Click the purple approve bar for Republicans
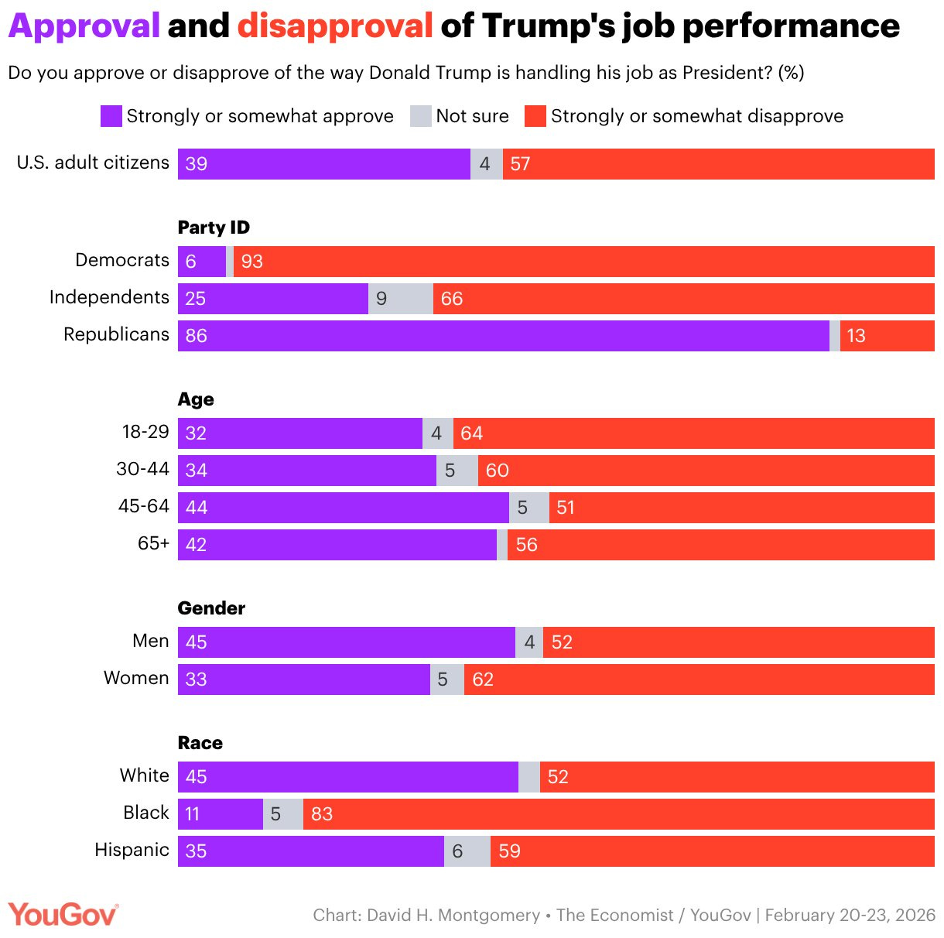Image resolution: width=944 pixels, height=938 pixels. (x=503, y=336)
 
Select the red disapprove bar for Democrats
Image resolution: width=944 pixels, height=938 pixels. (x=584, y=262)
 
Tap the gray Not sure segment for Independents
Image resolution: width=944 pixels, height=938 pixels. (x=400, y=299)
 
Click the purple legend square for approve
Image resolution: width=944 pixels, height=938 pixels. (x=111, y=117)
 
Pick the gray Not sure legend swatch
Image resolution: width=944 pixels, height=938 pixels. (x=420, y=117)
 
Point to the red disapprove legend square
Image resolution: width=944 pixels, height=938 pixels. (x=535, y=117)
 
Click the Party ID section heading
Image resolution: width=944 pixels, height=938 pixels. (x=214, y=228)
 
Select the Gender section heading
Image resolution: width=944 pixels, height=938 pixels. (x=211, y=608)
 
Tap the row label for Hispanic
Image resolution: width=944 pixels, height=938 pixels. (x=132, y=850)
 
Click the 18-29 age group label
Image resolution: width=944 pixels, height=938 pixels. (x=145, y=432)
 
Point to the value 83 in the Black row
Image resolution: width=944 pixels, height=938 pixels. (x=322, y=814)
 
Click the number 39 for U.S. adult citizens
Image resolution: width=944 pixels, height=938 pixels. (x=197, y=164)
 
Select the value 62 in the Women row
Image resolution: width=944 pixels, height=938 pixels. (x=483, y=680)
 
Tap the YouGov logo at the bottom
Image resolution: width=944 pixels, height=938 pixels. (x=63, y=915)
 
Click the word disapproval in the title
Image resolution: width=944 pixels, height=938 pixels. (x=335, y=26)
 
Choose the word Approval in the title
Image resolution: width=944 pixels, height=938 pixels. (x=84, y=26)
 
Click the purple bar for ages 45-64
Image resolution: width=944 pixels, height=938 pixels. (x=343, y=508)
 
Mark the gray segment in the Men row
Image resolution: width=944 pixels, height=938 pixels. (x=529, y=642)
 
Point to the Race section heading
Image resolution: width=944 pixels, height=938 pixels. (x=200, y=743)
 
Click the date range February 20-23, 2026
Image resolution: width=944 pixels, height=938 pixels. (x=850, y=916)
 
